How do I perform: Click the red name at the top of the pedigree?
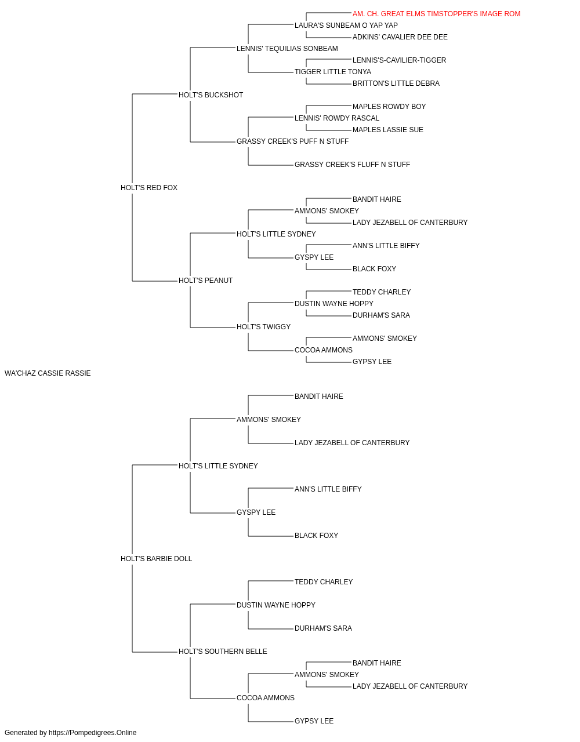point(436,14)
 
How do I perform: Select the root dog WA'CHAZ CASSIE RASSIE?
point(48,373)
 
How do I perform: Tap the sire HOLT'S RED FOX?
point(149,188)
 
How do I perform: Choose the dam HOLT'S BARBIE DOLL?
point(156,559)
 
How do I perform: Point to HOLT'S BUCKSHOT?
point(211,95)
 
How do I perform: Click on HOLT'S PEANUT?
point(205,281)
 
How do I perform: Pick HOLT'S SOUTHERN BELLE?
point(223,652)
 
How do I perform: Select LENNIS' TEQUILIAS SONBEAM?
point(287,49)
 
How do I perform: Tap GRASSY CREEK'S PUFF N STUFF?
point(292,141)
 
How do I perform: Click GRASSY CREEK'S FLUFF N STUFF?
point(352,165)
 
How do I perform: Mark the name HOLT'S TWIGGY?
point(263,327)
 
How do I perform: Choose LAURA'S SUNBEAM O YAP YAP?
point(346,26)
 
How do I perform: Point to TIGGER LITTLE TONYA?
point(333,72)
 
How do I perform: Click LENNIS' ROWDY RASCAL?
point(337,118)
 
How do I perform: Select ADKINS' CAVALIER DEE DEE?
point(400,37)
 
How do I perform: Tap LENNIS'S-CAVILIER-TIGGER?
point(399,60)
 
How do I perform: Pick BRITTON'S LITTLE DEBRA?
point(396,83)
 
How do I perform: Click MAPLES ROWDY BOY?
point(389,107)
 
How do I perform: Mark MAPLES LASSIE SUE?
point(387,130)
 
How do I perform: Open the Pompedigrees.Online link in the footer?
point(92,733)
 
